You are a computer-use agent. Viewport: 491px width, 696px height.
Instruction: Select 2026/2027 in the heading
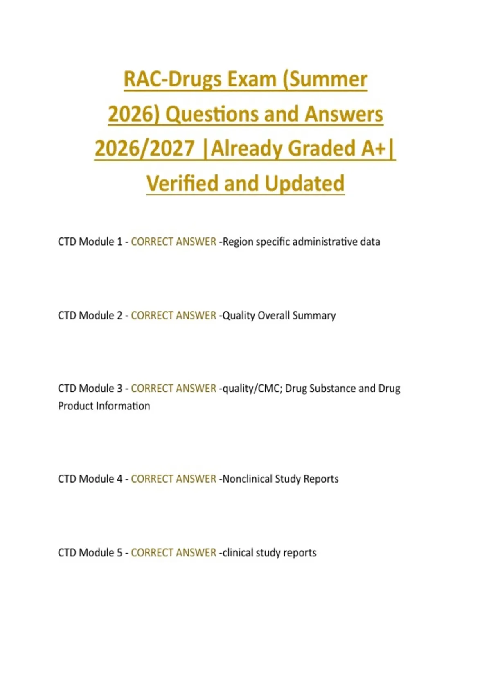tap(144, 148)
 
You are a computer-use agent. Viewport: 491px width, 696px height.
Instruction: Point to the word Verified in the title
tap(182, 183)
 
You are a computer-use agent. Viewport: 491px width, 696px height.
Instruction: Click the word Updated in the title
tap(304, 183)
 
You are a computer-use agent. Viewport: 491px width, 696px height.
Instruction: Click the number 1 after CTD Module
tap(119, 242)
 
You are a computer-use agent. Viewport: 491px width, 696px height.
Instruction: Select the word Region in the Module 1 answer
tap(238, 242)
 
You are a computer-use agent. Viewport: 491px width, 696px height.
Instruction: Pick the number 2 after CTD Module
tap(119, 316)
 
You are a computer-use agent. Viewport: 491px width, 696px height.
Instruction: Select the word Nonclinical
tap(247, 479)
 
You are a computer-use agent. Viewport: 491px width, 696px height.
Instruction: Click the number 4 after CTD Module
tap(119, 479)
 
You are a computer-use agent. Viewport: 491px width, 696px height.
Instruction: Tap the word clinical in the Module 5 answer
tap(238, 553)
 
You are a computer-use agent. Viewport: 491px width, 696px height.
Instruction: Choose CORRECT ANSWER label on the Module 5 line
tap(173, 553)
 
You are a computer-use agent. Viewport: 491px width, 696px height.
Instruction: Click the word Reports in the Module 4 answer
tap(321, 479)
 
